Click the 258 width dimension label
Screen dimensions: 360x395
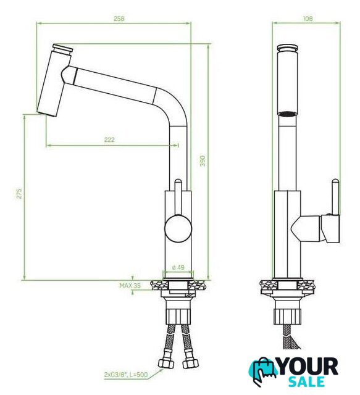(x=119, y=19)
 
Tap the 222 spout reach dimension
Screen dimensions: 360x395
(x=109, y=139)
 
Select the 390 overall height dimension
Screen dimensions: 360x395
(x=203, y=161)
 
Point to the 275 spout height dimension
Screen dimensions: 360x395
(x=19, y=193)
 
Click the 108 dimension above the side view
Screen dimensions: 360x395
(x=308, y=19)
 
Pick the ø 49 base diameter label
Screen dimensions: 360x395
(x=178, y=267)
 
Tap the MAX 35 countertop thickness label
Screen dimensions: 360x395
(x=130, y=285)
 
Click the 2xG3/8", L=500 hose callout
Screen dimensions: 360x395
(x=126, y=375)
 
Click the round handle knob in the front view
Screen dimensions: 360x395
(x=178, y=229)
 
